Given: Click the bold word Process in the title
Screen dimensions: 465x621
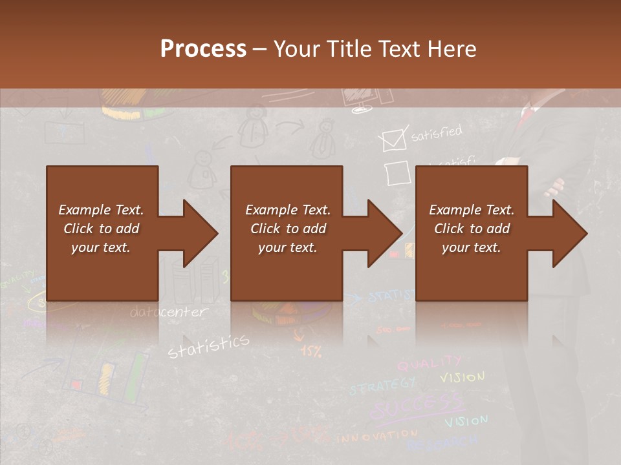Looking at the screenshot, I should coord(203,48).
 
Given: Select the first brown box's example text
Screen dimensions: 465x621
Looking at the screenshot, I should coord(102,229).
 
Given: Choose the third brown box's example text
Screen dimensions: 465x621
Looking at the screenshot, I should coord(472,229).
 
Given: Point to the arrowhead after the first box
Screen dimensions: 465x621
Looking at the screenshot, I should coord(200,233).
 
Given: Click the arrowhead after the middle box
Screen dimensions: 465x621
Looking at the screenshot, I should coord(385,233).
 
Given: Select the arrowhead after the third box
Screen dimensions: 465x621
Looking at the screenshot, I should coord(570,233).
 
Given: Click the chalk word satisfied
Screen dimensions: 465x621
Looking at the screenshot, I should coord(437,133).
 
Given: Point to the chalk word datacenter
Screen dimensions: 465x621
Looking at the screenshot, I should coord(169,313).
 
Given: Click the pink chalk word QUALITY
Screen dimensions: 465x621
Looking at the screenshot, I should coord(429,364).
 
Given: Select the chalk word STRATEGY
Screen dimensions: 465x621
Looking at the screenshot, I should coord(382,386).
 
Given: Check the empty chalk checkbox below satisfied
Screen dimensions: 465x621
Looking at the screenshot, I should coord(397,173).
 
